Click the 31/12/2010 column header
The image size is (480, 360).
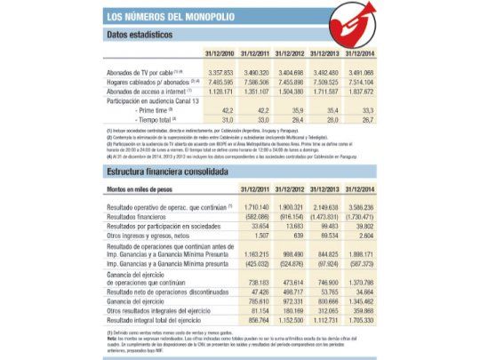(218, 53)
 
